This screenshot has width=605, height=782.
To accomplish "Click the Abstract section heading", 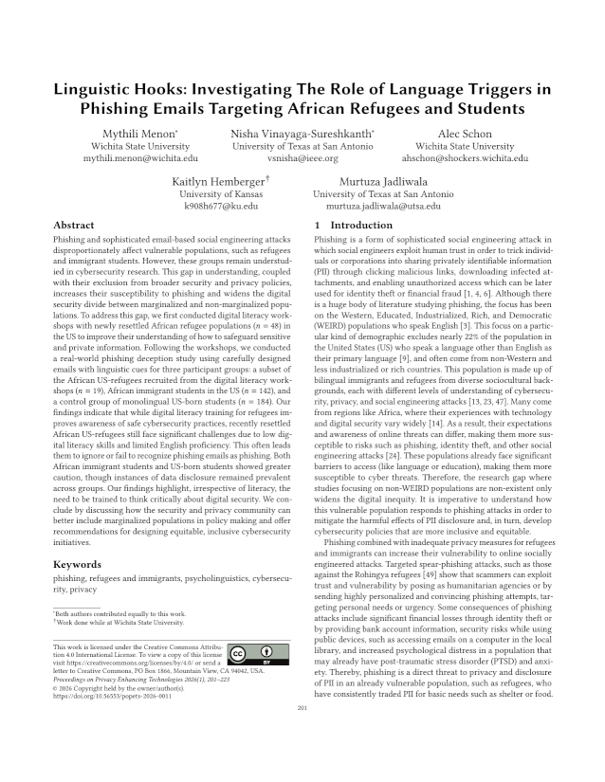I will click(77, 226).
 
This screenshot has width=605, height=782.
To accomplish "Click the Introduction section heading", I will click(353, 226).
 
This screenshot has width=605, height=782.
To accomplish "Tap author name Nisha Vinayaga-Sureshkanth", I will click(302, 134).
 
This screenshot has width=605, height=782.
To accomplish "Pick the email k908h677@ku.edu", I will click(219, 206).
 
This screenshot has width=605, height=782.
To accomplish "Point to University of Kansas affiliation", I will click(219, 193).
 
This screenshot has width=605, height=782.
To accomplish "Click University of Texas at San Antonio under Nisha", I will click(302, 147).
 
